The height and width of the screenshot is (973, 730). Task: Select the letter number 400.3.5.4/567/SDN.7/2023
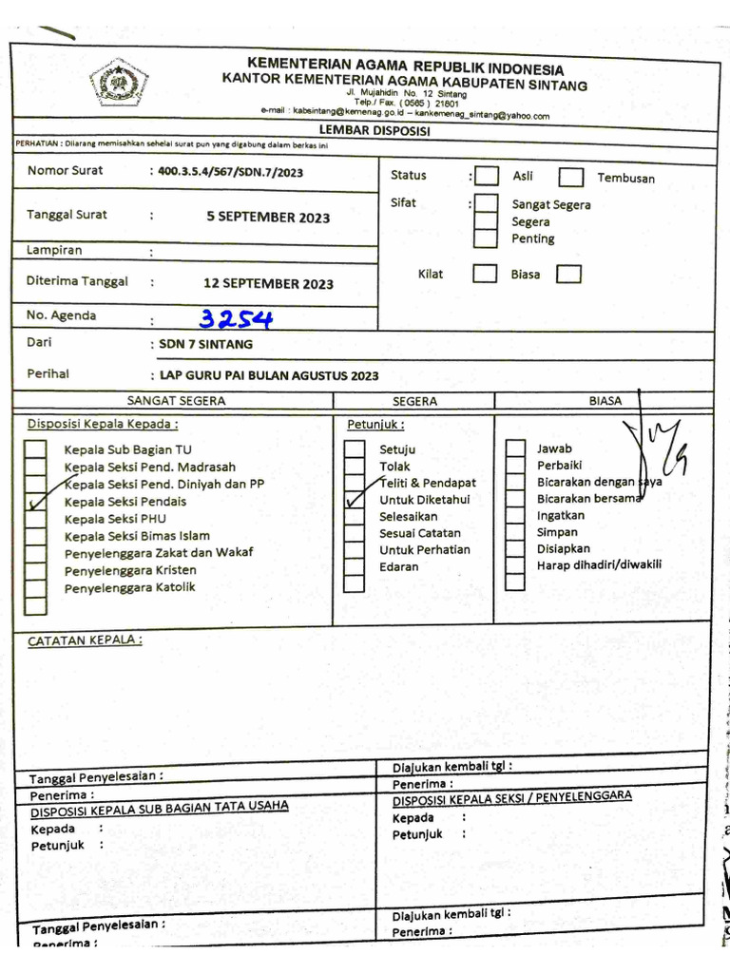232,172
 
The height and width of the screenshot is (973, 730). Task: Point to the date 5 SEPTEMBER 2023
268,218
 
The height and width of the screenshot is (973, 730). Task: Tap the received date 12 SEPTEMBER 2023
268,283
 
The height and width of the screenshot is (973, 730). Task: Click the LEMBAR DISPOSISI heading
374,130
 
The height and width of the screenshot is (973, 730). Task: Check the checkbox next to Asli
487,176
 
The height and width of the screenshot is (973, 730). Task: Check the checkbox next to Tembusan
571,177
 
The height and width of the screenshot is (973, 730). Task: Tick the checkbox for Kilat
485,274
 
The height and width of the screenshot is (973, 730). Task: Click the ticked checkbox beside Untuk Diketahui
355,499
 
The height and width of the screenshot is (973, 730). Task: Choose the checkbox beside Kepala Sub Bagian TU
35,449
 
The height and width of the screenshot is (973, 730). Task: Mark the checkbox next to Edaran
355,567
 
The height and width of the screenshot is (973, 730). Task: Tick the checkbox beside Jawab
516,448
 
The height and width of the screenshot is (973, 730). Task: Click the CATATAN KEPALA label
85,640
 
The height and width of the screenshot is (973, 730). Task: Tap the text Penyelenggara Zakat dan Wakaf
159,553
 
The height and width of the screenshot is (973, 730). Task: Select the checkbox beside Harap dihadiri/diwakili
516,565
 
